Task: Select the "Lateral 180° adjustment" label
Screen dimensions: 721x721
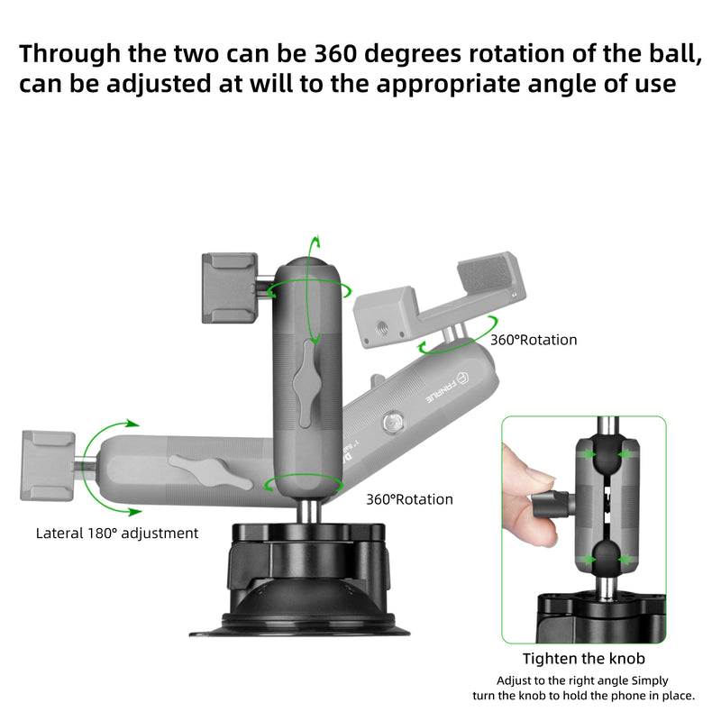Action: click(x=117, y=533)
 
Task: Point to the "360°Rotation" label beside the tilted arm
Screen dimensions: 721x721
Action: click(x=534, y=341)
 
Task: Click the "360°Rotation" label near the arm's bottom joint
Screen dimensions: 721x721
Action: click(x=409, y=499)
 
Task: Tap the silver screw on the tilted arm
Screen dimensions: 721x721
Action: click(x=394, y=422)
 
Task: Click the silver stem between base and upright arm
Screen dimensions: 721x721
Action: click(x=308, y=511)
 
